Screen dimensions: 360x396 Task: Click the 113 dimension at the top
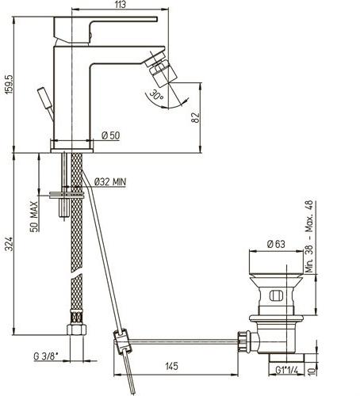point(121,5)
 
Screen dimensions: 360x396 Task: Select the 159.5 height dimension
point(9,84)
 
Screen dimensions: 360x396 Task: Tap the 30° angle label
point(156,95)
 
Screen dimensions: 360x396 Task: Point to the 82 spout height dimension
point(196,118)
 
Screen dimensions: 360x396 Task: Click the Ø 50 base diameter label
point(111,135)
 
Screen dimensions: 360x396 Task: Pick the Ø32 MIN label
point(110,181)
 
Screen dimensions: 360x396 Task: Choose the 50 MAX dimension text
point(33,216)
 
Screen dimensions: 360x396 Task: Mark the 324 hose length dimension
point(9,244)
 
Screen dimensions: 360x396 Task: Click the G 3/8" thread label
point(46,356)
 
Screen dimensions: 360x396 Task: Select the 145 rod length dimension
point(172,366)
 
